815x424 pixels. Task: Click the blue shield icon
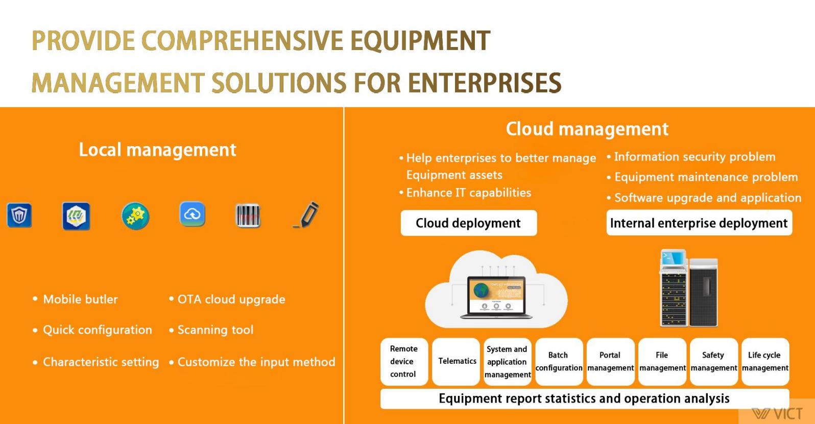(19, 215)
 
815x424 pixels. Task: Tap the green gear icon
(135, 216)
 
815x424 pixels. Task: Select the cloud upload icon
(193, 214)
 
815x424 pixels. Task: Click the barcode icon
(248, 216)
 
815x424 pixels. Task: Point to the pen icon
(306, 215)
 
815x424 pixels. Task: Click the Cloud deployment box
(469, 223)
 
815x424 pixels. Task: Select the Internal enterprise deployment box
(699, 223)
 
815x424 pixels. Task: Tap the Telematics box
(456, 361)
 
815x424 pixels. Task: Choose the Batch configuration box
(559, 361)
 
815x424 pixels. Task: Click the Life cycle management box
(765, 361)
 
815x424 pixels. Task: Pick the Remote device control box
(404, 361)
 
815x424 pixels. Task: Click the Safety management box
(714, 361)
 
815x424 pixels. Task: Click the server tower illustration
(689, 288)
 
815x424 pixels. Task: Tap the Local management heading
(158, 150)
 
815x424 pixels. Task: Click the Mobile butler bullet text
(80, 299)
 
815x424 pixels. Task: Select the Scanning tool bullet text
(215, 329)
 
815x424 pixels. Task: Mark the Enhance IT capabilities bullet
(465, 193)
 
